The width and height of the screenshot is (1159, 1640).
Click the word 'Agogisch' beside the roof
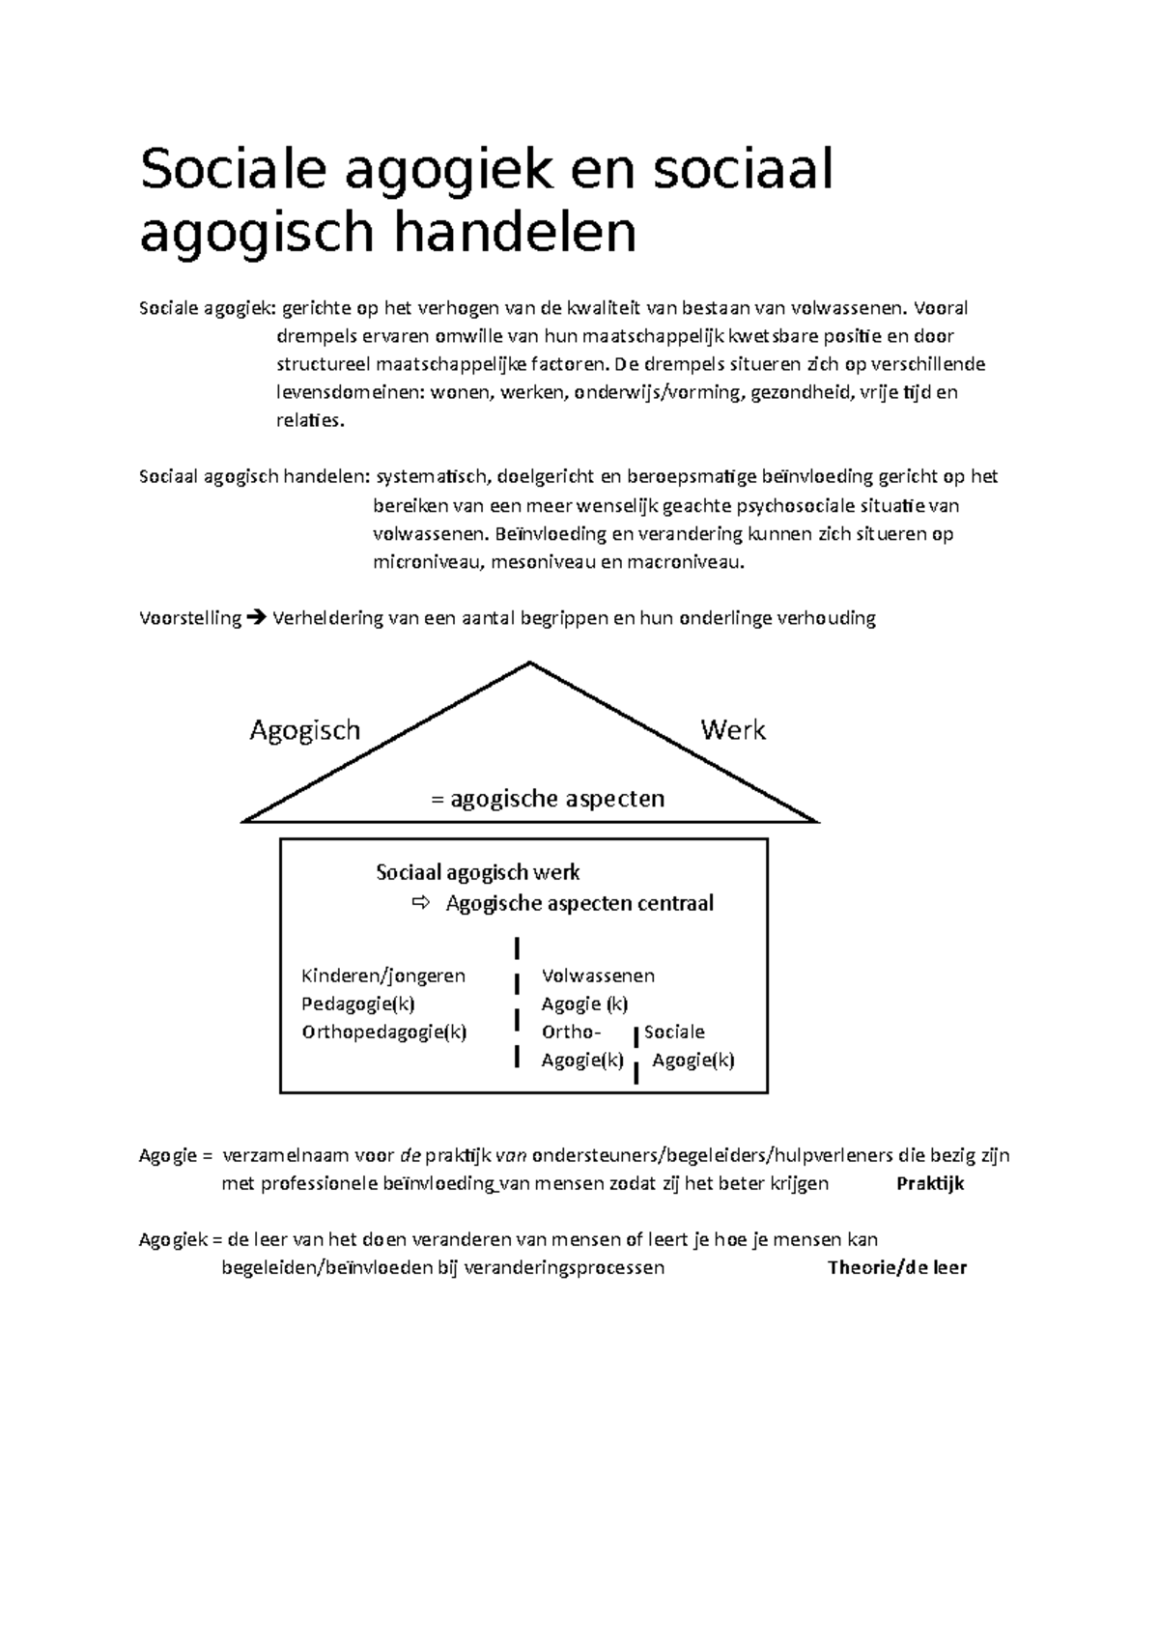[x=304, y=730]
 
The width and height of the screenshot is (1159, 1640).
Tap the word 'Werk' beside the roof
[x=733, y=730]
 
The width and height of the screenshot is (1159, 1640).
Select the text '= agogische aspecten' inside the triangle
[x=547, y=799]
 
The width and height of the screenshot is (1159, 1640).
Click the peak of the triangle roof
[x=529, y=664]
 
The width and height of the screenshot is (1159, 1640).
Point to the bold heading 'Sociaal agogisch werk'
[x=477, y=872]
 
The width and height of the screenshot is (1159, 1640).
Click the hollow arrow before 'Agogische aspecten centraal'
[x=419, y=903]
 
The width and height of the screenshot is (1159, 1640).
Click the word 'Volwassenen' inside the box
[x=598, y=976]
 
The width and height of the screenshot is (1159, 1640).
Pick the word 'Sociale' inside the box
[x=674, y=1032]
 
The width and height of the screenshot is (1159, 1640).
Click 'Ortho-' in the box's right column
[x=571, y=1032]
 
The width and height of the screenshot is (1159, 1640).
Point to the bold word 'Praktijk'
[x=930, y=1183]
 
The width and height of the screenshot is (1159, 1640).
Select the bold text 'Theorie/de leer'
[x=897, y=1267]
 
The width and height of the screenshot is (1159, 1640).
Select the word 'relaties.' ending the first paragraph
[x=309, y=420]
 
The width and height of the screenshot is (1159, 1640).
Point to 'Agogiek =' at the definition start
[x=180, y=1239]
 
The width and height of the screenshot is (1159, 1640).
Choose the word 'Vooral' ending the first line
[x=940, y=308]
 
